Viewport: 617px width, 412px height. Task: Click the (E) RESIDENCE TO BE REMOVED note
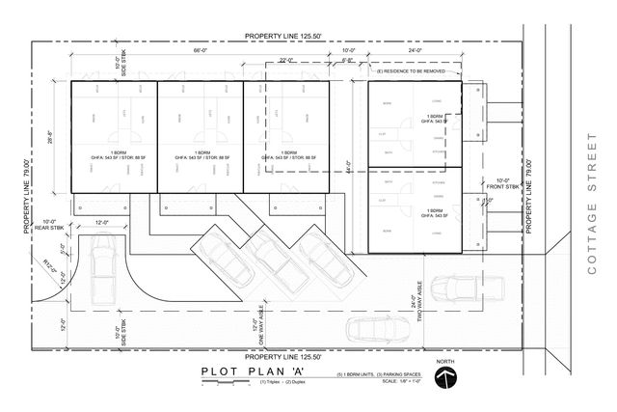click(412, 71)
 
